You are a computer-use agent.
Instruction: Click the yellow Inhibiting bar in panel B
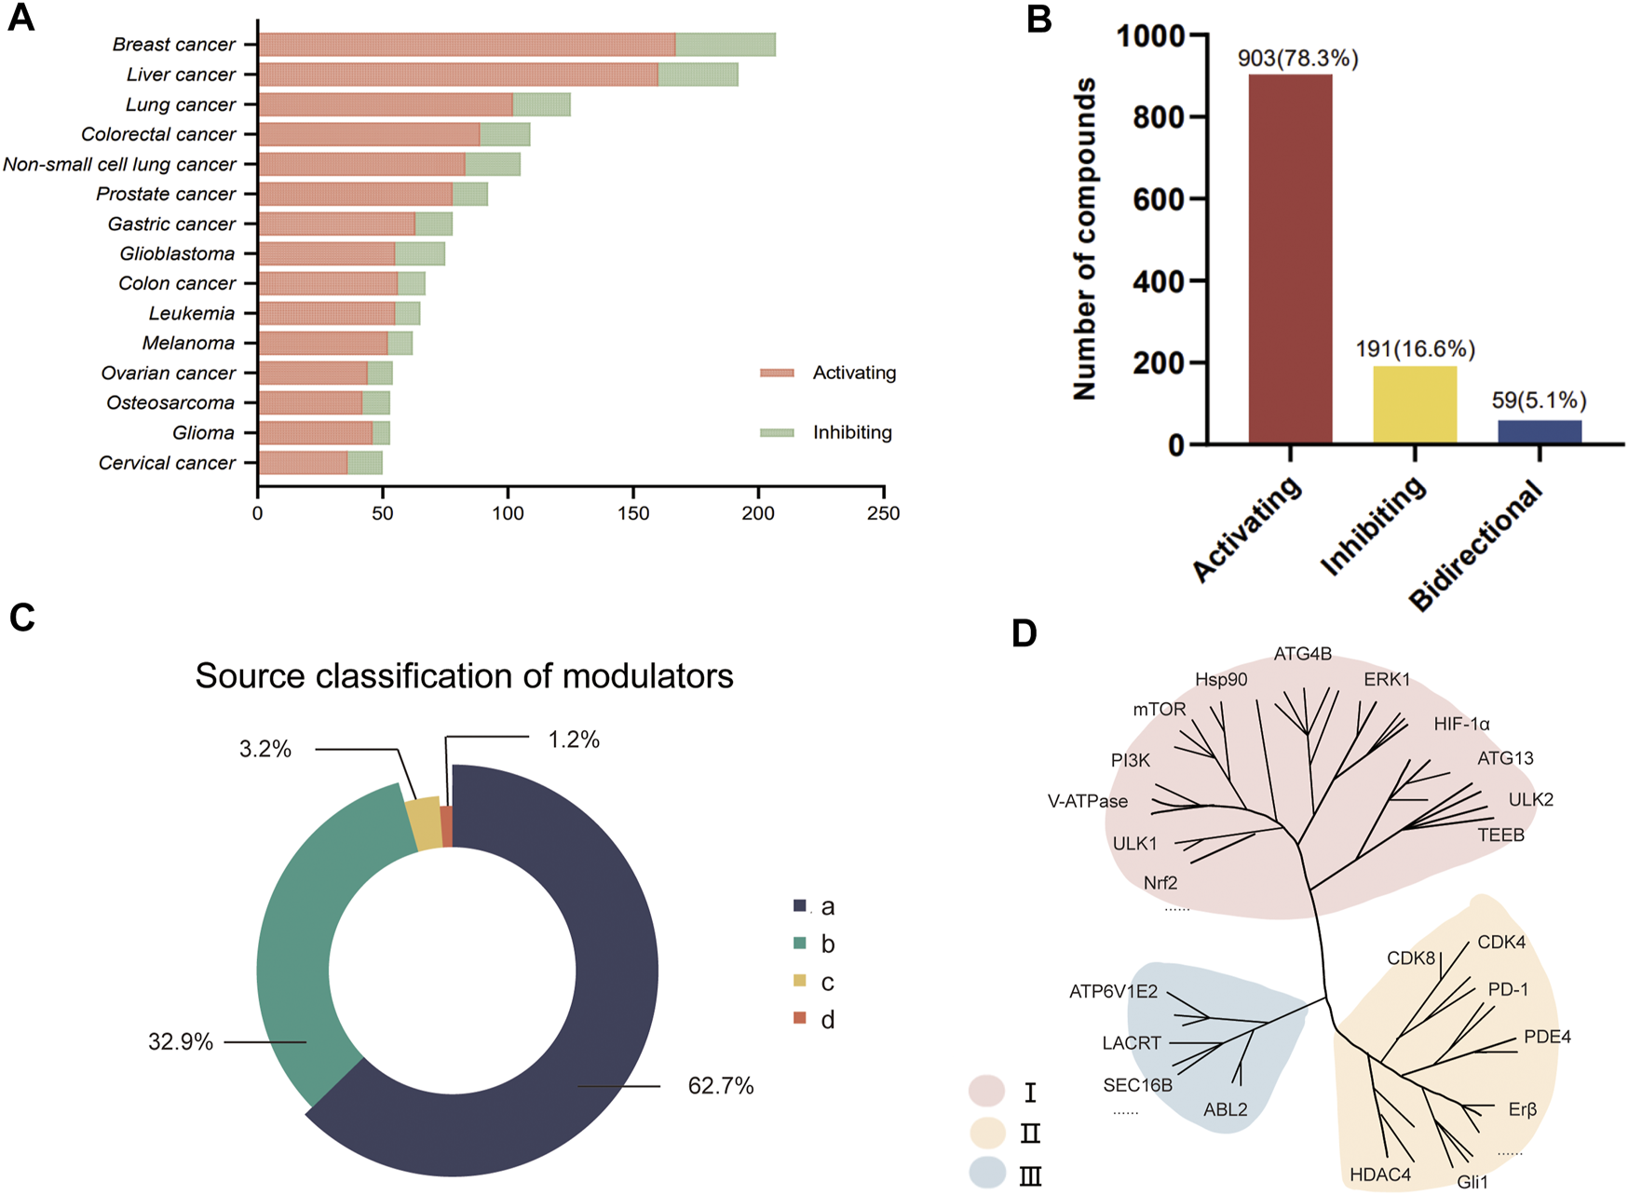click(1415, 404)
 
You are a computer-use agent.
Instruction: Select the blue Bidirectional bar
click(1540, 432)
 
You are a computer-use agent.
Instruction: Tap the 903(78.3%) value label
click(1297, 59)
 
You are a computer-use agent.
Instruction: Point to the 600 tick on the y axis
click(1159, 199)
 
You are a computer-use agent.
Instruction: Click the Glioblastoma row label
click(177, 254)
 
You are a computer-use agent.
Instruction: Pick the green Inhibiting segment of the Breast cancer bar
click(726, 45)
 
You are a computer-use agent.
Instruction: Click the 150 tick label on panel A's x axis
click(633, 513)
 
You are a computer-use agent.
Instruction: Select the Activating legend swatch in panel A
click(777, 373)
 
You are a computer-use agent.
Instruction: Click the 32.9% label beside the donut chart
click(181, 1042)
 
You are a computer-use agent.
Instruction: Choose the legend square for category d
click(799, 1019)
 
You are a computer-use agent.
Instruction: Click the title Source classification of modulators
click(464, 676)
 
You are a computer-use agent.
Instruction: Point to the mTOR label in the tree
click(1160, 710)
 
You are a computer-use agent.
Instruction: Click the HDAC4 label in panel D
click(1380, 1175)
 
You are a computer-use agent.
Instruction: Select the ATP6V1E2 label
click(1113, 992)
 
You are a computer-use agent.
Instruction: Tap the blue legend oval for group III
click(987, 1173)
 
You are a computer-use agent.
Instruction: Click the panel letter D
click(1024, 634)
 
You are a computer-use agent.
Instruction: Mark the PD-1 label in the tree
click(1508, 989)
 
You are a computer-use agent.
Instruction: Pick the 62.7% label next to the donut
click(721, 1086)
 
